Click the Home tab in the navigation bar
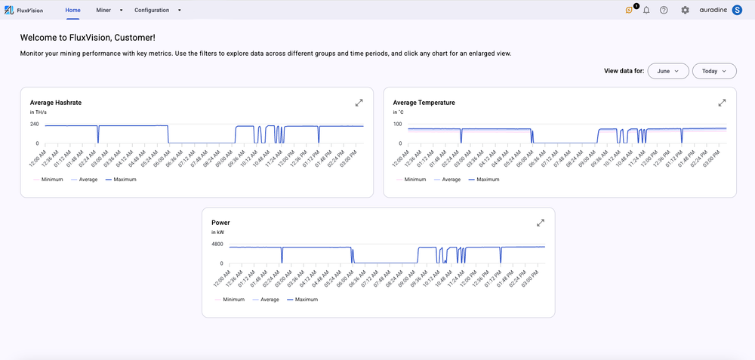72,10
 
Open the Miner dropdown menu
109,10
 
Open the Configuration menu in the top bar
157,10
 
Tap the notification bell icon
646,10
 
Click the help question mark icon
664,10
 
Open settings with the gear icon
685,10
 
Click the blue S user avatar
738,10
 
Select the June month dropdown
668,71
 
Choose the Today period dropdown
714,71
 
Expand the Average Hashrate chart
359,103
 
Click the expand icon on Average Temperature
722,103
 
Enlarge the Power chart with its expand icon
541,223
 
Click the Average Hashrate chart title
56,102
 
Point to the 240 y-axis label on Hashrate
35,124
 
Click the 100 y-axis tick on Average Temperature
398,124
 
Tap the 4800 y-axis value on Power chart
217,245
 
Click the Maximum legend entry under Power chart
302,300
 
